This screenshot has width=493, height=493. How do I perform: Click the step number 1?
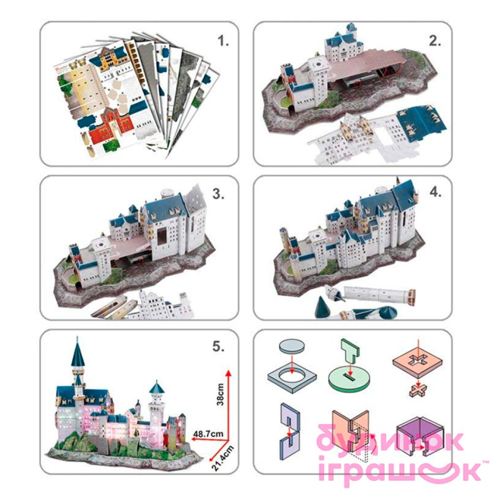(223, 41)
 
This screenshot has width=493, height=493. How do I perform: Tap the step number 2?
(435, 41)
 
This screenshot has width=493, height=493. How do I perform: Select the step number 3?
(218, 194)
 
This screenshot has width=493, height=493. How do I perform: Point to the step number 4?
(435, 192)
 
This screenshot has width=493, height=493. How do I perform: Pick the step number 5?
(218, 346)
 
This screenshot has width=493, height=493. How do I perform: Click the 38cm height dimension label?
(221, 394)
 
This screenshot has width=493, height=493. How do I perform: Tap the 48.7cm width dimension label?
(208, 434)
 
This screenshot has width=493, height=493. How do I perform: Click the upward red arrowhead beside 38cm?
(228, 373)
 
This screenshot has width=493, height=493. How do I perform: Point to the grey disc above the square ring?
(292, 345)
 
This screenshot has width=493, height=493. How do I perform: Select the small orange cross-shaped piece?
(419, 391)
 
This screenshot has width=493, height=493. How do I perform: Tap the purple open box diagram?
(420, 435)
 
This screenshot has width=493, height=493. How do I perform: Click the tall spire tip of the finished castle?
(77, 338)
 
